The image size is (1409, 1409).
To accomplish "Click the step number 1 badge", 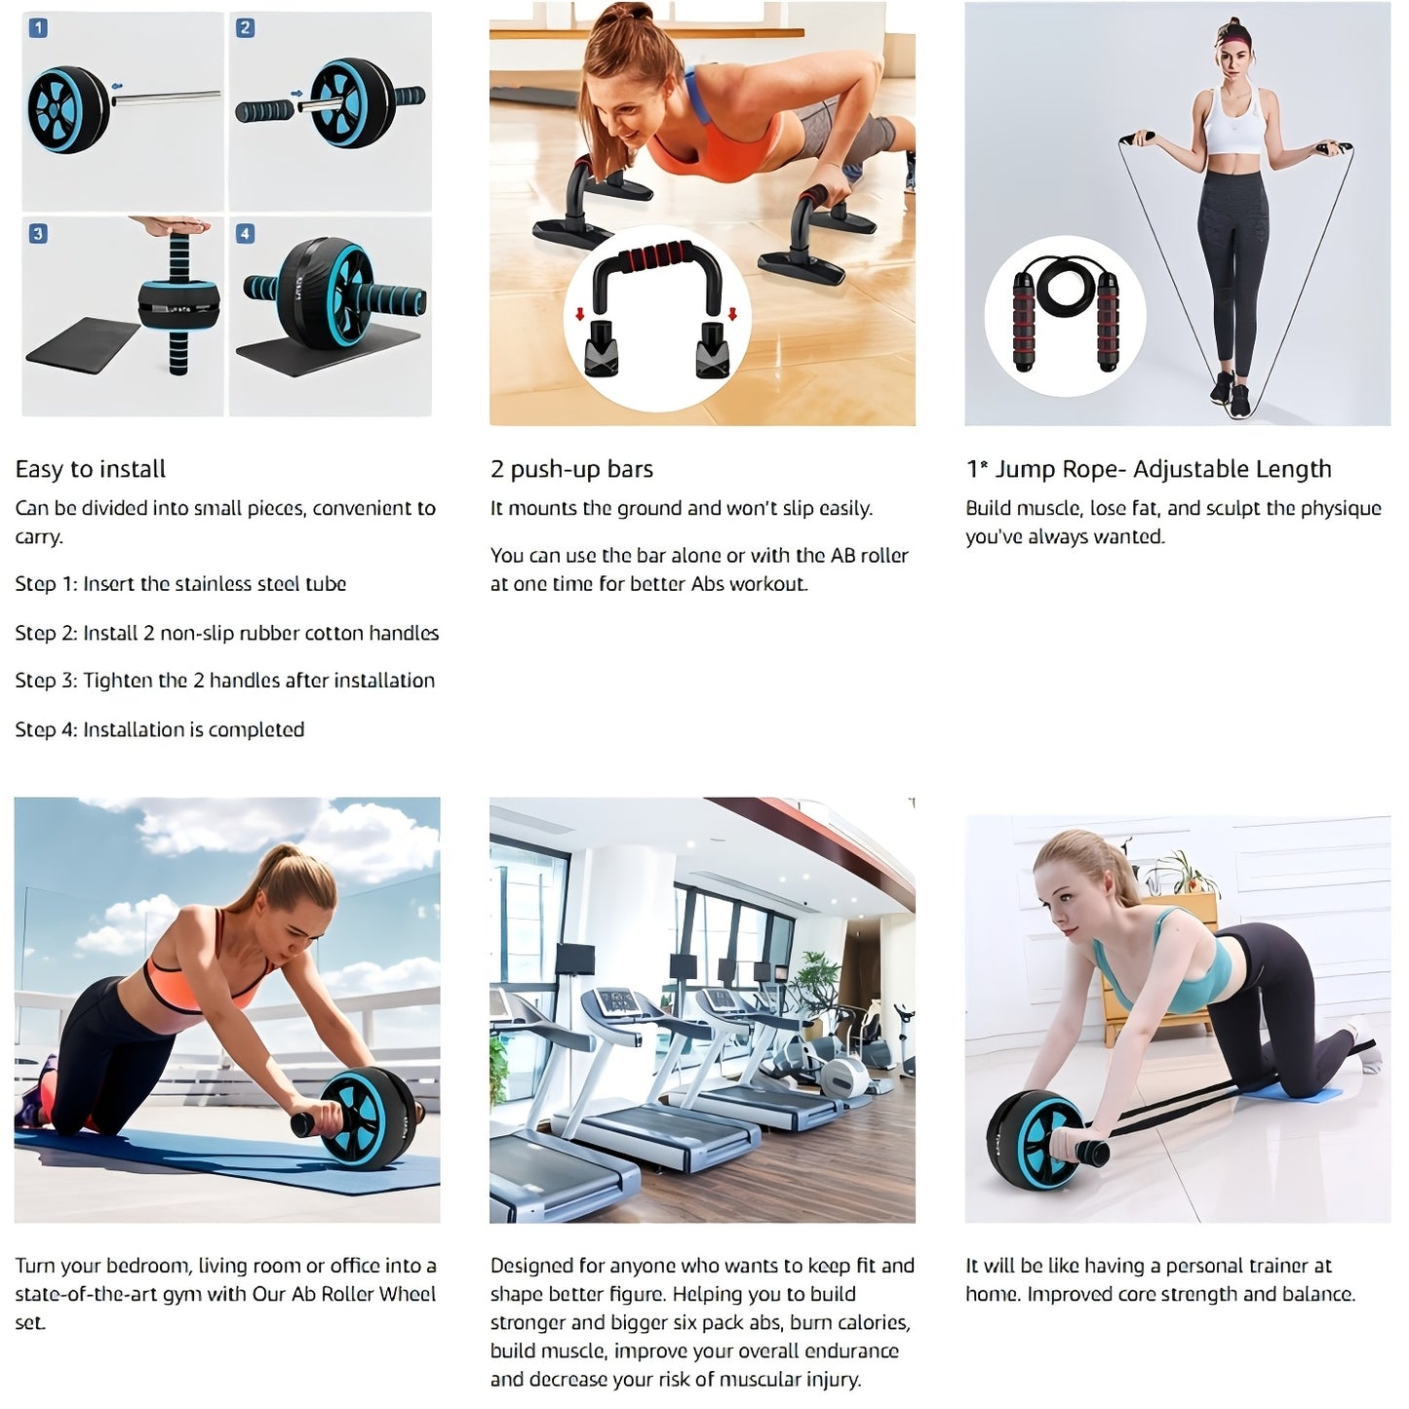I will coord(38,28).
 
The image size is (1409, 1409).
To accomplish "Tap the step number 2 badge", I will coord(246,28).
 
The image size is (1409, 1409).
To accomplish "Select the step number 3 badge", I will coord(38,234).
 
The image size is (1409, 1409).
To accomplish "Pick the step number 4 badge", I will coord(246,234).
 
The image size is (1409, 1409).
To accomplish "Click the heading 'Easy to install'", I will coord(91,469).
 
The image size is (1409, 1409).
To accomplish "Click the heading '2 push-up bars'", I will coord(571,469).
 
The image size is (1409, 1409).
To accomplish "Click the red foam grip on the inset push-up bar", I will coord(657,259).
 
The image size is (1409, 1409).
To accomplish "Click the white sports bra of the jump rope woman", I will coord(1235,125).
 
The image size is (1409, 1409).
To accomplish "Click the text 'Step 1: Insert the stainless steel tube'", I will coord(180,584).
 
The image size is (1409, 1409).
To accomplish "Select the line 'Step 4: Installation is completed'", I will coord(160,729).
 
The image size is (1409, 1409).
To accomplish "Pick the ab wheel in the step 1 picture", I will coord(68,109).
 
